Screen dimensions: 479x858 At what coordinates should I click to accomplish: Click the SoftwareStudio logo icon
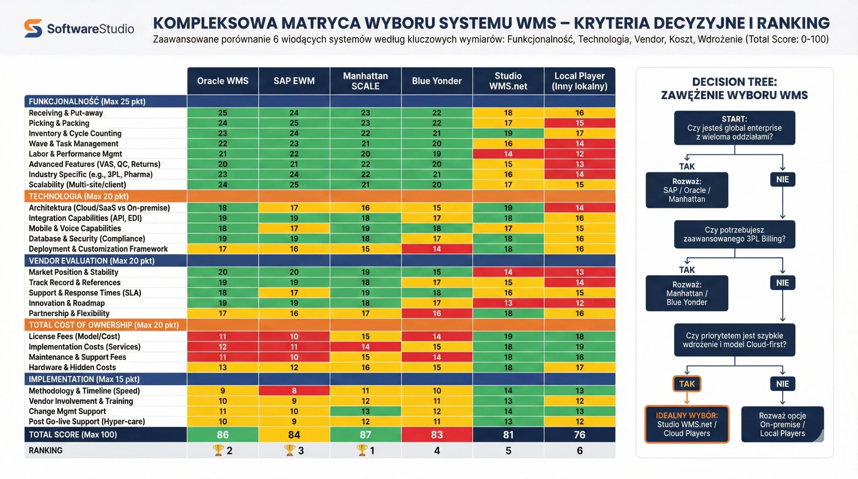33,28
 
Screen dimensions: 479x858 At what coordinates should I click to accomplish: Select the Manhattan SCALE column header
365,81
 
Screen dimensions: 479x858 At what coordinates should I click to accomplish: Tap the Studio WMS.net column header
508,81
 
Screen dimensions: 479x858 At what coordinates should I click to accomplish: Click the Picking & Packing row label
59,123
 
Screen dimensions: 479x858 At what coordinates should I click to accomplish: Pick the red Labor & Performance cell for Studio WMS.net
508,154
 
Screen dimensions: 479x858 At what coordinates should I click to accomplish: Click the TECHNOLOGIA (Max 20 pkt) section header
78,196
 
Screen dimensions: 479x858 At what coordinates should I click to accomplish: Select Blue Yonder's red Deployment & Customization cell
437,249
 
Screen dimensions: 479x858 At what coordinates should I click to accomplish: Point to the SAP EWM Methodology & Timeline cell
294,391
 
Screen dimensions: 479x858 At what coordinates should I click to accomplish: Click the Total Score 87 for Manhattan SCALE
365,434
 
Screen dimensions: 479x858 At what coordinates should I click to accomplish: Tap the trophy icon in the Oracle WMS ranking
218,450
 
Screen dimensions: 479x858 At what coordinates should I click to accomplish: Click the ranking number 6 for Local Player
579,451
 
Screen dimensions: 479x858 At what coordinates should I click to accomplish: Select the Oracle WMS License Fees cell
223,336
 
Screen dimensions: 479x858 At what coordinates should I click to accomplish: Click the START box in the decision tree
734,128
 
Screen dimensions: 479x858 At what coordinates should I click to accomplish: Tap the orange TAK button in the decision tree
687,384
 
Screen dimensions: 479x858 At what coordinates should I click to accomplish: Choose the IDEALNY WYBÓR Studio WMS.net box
687,424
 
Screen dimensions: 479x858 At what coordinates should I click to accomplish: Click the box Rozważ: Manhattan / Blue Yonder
687,293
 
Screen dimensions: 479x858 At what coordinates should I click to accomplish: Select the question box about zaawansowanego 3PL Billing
734,234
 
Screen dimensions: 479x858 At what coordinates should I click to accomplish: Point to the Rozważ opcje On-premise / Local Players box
782,424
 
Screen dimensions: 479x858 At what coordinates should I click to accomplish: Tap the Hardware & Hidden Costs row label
72,367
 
